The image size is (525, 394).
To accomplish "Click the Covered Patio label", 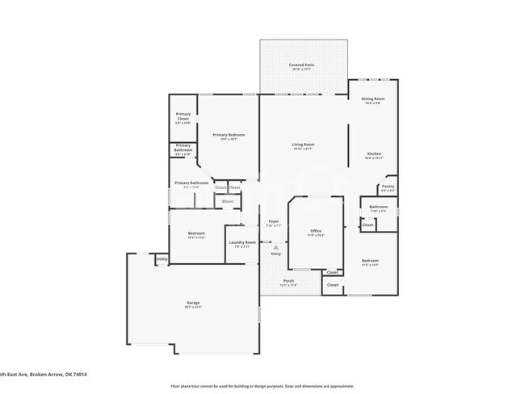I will (303, 65).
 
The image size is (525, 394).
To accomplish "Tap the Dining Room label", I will (372, 99).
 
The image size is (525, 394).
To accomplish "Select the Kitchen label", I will (373, 154).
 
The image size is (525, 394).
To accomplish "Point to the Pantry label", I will (388, 187).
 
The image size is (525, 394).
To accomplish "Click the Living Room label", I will (303, 145).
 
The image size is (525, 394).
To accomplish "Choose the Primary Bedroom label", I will (229, 136).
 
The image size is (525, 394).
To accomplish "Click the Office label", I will (316, 232).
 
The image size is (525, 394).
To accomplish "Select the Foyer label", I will (275, 222).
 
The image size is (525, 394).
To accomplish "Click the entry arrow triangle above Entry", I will (276, 247).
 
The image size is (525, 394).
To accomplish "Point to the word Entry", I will (276, 254).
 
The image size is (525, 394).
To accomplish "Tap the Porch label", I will (288, 282).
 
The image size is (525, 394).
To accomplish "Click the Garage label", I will (193, 304).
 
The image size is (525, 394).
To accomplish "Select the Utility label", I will (162, 259).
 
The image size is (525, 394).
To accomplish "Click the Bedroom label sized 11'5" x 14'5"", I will (370, 262).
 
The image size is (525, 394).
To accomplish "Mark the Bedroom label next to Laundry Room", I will (196, 234).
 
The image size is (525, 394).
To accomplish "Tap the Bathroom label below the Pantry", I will (379, 207).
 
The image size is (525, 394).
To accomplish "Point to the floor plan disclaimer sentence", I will (262, 386).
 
